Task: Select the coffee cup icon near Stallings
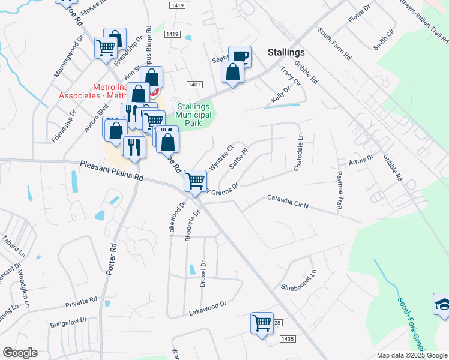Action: [240, 58]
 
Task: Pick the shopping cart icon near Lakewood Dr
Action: [262, 323]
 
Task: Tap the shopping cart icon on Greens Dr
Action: [195, 180]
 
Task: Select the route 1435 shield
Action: [288, 339]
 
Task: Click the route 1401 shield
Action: [193, 85]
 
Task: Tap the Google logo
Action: [20, 353]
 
